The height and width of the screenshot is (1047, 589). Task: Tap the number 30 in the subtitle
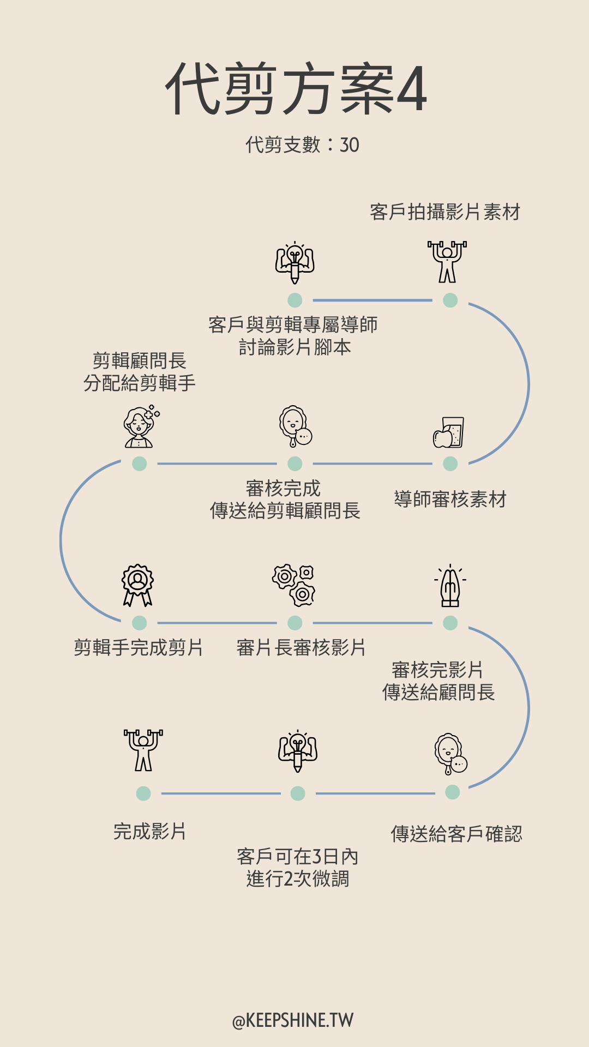click(x=350, y=145)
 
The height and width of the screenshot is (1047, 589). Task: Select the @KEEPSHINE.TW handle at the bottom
click(x=293, y=1020)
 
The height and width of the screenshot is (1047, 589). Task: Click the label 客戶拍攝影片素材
click(x=445, y=212)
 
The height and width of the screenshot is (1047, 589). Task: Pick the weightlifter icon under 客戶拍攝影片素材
click(x=447, y=262)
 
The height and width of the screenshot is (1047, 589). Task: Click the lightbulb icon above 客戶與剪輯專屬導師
click(x=295, y=262)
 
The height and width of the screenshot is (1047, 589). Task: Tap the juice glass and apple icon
click(x=449, y=432)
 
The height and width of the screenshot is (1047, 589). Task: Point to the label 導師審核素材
click(x=450, y=499)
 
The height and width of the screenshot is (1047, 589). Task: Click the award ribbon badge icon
click(x=138, y=585)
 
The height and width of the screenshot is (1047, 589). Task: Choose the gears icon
click(x=294, y=586)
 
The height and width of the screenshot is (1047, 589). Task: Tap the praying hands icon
click(x=450, y=586)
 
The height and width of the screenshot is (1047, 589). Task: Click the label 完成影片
click(x=150, y=832)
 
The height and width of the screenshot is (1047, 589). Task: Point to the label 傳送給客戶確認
click(x=456, y=834)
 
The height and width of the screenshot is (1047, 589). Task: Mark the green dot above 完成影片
click(x=143, y=793)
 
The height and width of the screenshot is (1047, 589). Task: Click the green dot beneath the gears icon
click(x=295, y=623)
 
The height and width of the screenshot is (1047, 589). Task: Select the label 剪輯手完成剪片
click(x=139, y=647)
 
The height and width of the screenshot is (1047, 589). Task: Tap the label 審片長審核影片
click(x=301, y=647)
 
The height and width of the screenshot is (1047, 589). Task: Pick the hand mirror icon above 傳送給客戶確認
click(x=451, y=754)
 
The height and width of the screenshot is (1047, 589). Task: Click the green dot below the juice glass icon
click(x=450, y=464)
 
